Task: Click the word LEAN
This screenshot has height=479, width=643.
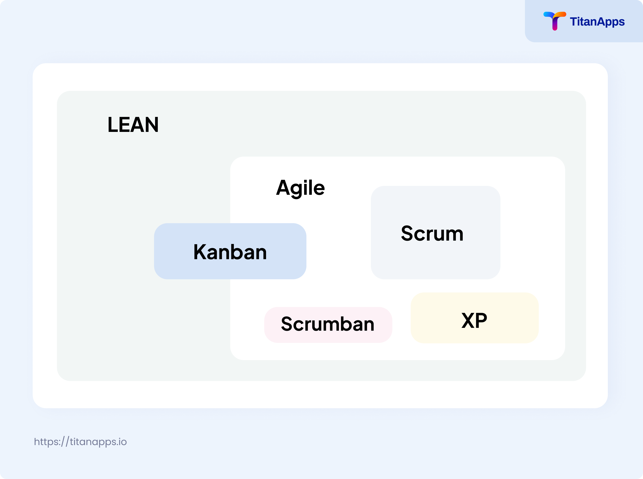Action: click(133, 125)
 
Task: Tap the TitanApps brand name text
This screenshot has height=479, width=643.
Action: click(597, 22)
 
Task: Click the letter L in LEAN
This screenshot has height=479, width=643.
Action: click(112, 125)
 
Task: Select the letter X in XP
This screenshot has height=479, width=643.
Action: click(468, 321)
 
